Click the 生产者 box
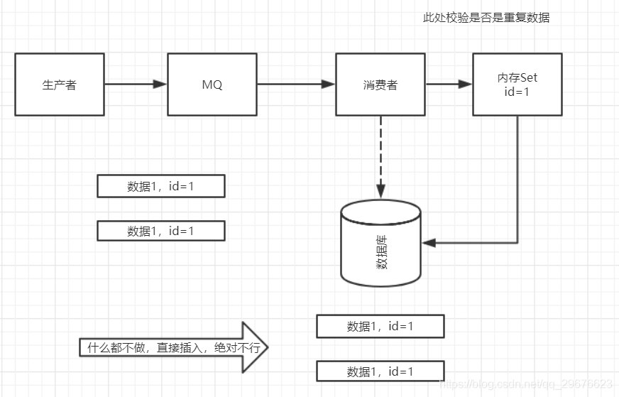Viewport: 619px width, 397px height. pyautogui.click(x=60, y=85)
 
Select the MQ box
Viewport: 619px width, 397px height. pyautogui.click(x=212, y=85)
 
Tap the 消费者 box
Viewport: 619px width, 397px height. pyautogui.click(x=380, y=85)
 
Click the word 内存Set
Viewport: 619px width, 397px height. pyautogui.click(x=517, y=77)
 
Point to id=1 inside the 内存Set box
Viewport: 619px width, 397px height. pyautogui.click(x=517, y=92)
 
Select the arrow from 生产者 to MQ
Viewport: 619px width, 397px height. pyautogui.click(x=136, y=84)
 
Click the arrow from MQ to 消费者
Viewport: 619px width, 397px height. pyautogui.click(x=295, y=84)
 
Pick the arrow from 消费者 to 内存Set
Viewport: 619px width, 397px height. pyautogui.click(x=449, y=84)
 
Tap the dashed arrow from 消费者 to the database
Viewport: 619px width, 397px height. pyautogui.click(x=380, y=156)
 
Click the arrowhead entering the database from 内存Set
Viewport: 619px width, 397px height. pyautogui.click(x=428, y=243)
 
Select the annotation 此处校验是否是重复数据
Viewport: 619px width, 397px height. pyautogui.click(x=486, y=18)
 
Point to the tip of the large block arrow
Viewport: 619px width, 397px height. pyautogui.click(x=268, y=347)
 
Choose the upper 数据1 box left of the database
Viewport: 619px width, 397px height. pyautogui.click(x=160, y=186)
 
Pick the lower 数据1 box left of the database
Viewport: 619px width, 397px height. pyautogui.click(x=160, y=231)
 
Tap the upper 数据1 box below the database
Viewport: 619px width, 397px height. pyautogui.click(x=380, y=327)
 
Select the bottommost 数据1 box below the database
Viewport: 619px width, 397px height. pyautogui.click(x=380, y=371)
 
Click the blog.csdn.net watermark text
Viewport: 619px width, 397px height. pyautogui.click(x=526, y=384)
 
